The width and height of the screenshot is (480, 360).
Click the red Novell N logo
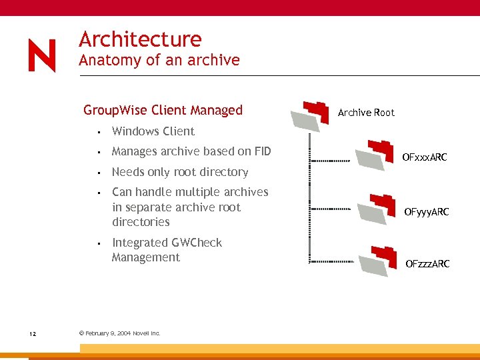42,55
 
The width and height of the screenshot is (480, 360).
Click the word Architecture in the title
140,39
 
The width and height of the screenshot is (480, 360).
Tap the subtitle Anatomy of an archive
159,60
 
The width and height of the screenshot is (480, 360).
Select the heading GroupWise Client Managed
163,110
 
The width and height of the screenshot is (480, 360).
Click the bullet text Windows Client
153,131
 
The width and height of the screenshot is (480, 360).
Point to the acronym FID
260,151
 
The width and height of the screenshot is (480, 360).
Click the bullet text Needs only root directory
179,172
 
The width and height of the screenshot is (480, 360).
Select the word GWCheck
197,243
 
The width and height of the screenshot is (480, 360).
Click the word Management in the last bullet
145,257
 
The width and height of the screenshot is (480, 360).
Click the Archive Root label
366,113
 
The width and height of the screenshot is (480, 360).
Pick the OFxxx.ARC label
424,158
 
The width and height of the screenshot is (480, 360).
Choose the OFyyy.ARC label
426,212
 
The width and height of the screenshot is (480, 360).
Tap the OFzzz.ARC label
427,264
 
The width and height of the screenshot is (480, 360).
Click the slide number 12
33,333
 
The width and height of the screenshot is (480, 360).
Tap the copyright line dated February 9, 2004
119,333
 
